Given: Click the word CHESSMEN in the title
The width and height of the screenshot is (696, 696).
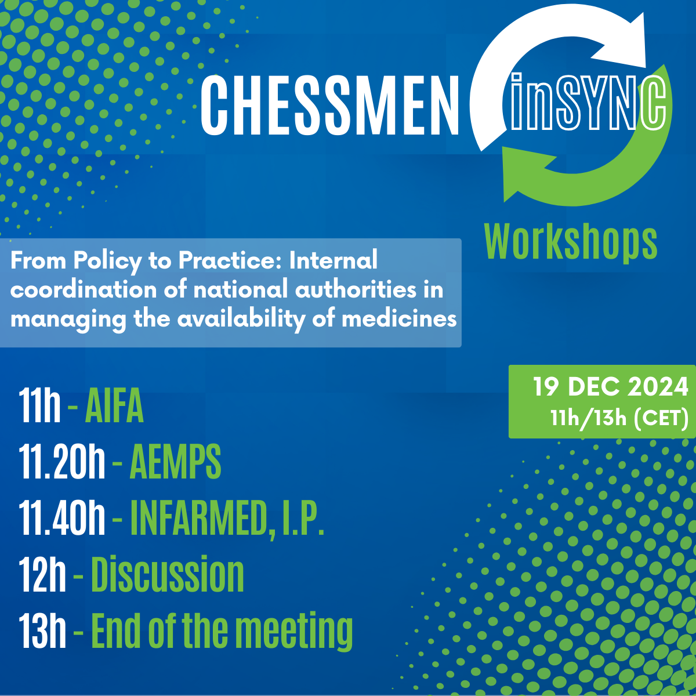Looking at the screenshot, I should (329, 105).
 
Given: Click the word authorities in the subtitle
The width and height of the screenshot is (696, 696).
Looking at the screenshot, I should (345, 289).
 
